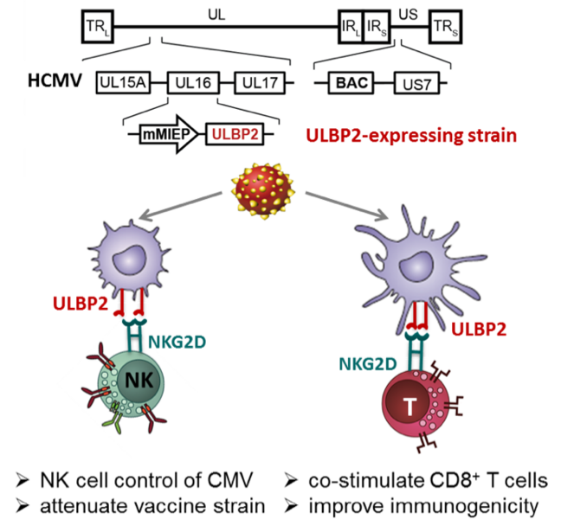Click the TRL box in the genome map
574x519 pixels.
pyautogui.click(x=94, y=29)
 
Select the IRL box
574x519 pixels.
pyautogui.click(x=348, y=29)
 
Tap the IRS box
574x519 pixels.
pyautogui.click(x=377, y=29)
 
